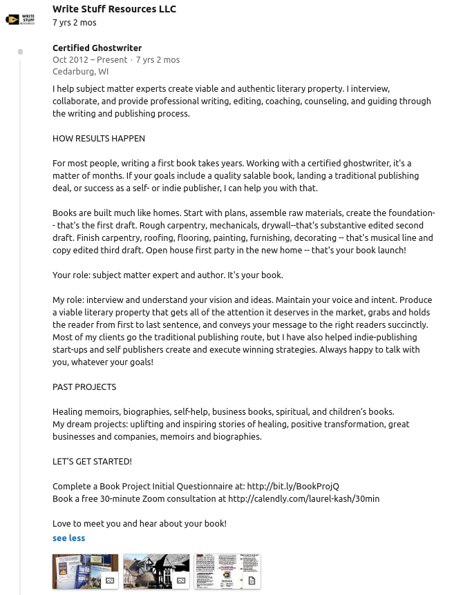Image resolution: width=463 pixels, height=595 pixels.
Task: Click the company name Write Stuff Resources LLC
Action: [114, 9]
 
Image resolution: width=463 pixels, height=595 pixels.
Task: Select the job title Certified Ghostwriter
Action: [97, 48]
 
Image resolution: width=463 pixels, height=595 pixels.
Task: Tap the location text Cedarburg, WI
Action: [80, 71]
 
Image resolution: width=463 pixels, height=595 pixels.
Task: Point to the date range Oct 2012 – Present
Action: [90, 59]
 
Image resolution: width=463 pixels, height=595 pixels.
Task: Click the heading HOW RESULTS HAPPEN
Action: [99, 138]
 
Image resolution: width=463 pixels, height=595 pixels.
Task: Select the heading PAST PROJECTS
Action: [84, 387]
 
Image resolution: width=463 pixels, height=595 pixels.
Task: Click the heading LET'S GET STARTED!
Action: [92, 461]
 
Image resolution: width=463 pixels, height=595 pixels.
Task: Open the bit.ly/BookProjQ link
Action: [293, 486]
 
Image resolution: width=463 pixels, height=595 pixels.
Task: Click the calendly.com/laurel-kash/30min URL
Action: [303, 498]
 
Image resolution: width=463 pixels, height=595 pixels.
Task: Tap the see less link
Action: [68, 538]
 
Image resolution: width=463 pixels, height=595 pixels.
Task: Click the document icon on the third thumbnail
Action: [252, 581]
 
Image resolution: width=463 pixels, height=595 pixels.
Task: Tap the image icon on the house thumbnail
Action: [181, 581]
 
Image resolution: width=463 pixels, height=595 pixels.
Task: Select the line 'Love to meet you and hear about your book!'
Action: [139, 523]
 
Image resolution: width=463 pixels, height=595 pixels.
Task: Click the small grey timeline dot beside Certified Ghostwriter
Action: [21, 52]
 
